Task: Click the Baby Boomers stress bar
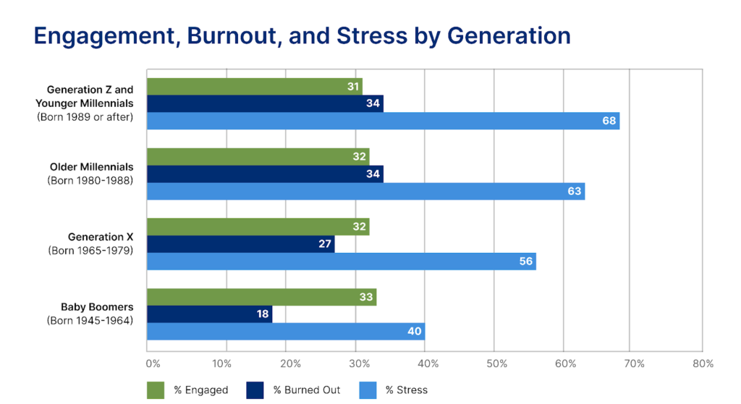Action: pyautogui.click(x=285, y=331)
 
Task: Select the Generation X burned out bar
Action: pyautogui.click(x=240, y=244)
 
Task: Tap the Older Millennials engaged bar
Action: pyautogui.click(x=258, y=156)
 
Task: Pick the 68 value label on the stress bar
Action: pyautogui.click(x=609, y=121)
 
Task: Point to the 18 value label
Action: pyautogui.click(x=263, y=314)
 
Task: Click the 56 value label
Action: pyautogui.click(x=526, y=261)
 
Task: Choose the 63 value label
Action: pyautogui.click(x=575, y=191)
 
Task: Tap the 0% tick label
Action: pyautogui.click(x=153, y=364)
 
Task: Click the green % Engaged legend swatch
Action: pyautogui.click(x=156, y=390)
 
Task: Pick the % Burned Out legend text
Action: pyautogui.click(x=307, y=390)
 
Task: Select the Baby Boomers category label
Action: pyautogui.click(x=97, y=307)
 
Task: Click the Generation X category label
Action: pyautogui.click(x=101, y=237)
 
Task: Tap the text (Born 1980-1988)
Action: pyautogui.click(x=90, y=180)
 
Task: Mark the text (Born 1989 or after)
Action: pyautogui.click(x=85, y=116)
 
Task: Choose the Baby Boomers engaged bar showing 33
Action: pyautogui.click(x=261, y=296)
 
